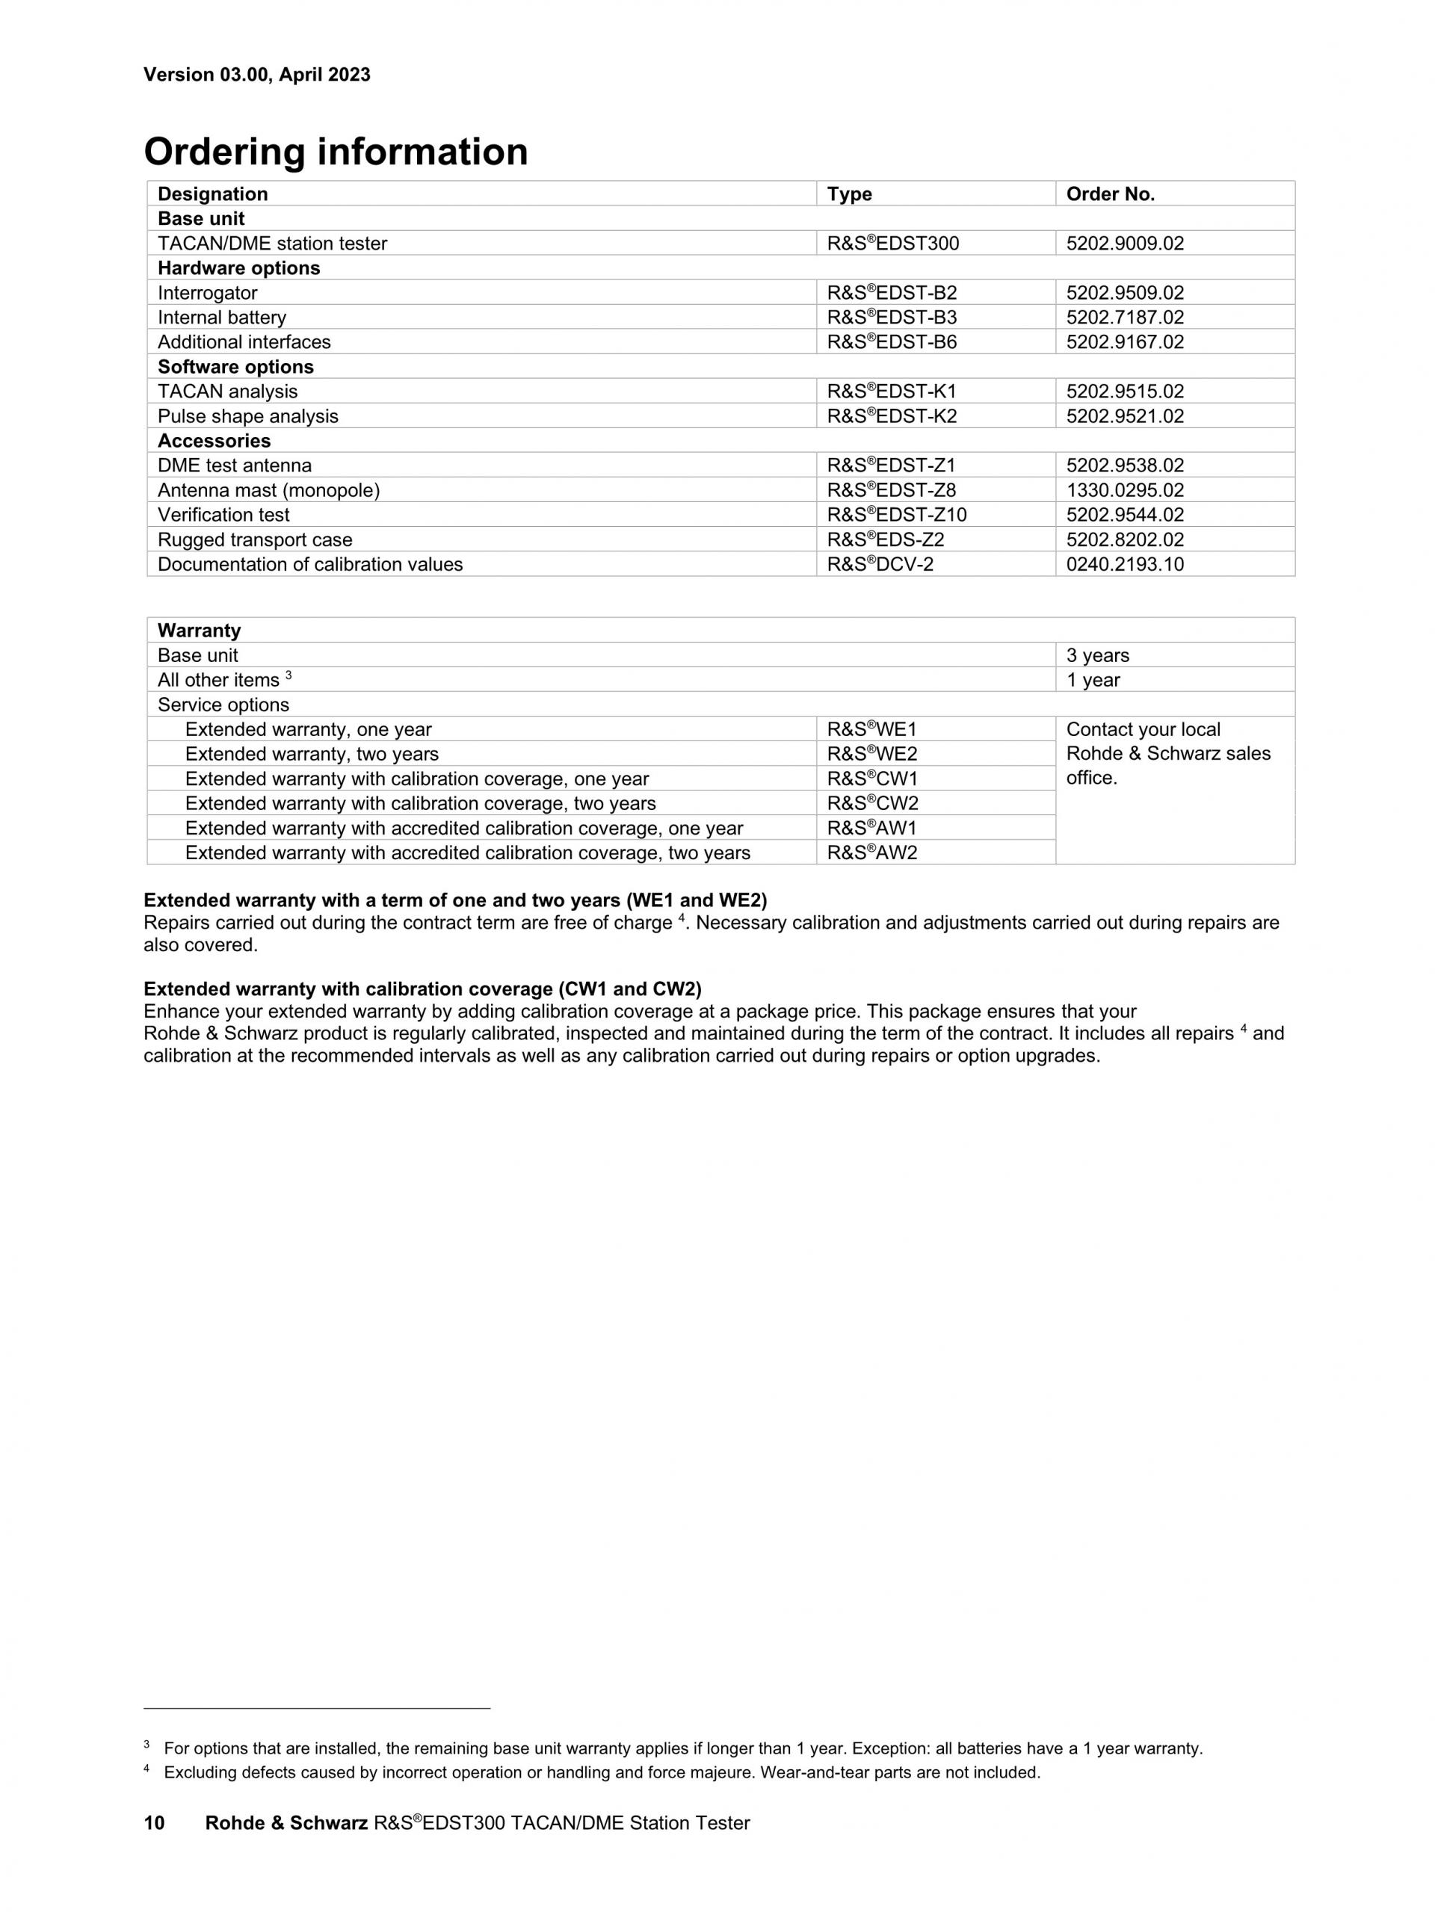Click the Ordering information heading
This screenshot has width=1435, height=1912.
(336, 152)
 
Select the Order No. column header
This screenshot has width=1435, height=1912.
(1110, 194)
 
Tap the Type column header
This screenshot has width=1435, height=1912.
(849, 194)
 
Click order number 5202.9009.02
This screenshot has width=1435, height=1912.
(1125, 243)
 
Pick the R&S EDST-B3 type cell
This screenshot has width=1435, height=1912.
(891, 318)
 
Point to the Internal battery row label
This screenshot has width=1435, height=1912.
(221, 318)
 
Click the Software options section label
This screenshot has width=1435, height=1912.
(235, 367)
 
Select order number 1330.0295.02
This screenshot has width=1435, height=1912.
(1125, 490)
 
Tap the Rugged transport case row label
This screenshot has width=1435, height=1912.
(255, 539)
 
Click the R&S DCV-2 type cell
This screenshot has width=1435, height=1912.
(880, 564)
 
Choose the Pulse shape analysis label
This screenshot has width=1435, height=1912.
(247, 415)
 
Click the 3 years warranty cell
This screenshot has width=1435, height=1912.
(1097, 655)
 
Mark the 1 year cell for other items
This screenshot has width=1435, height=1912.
(1093, 679)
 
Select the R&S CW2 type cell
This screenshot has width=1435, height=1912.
(872, 803)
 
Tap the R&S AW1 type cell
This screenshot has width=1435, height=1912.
(871, 828)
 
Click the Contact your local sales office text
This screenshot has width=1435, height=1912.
(1168, 753)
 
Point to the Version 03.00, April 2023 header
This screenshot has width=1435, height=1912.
(257, 74)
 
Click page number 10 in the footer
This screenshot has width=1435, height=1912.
(154, 1823)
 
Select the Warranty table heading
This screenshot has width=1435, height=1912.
(199, 630)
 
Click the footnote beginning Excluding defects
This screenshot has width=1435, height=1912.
(602, 1772)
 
